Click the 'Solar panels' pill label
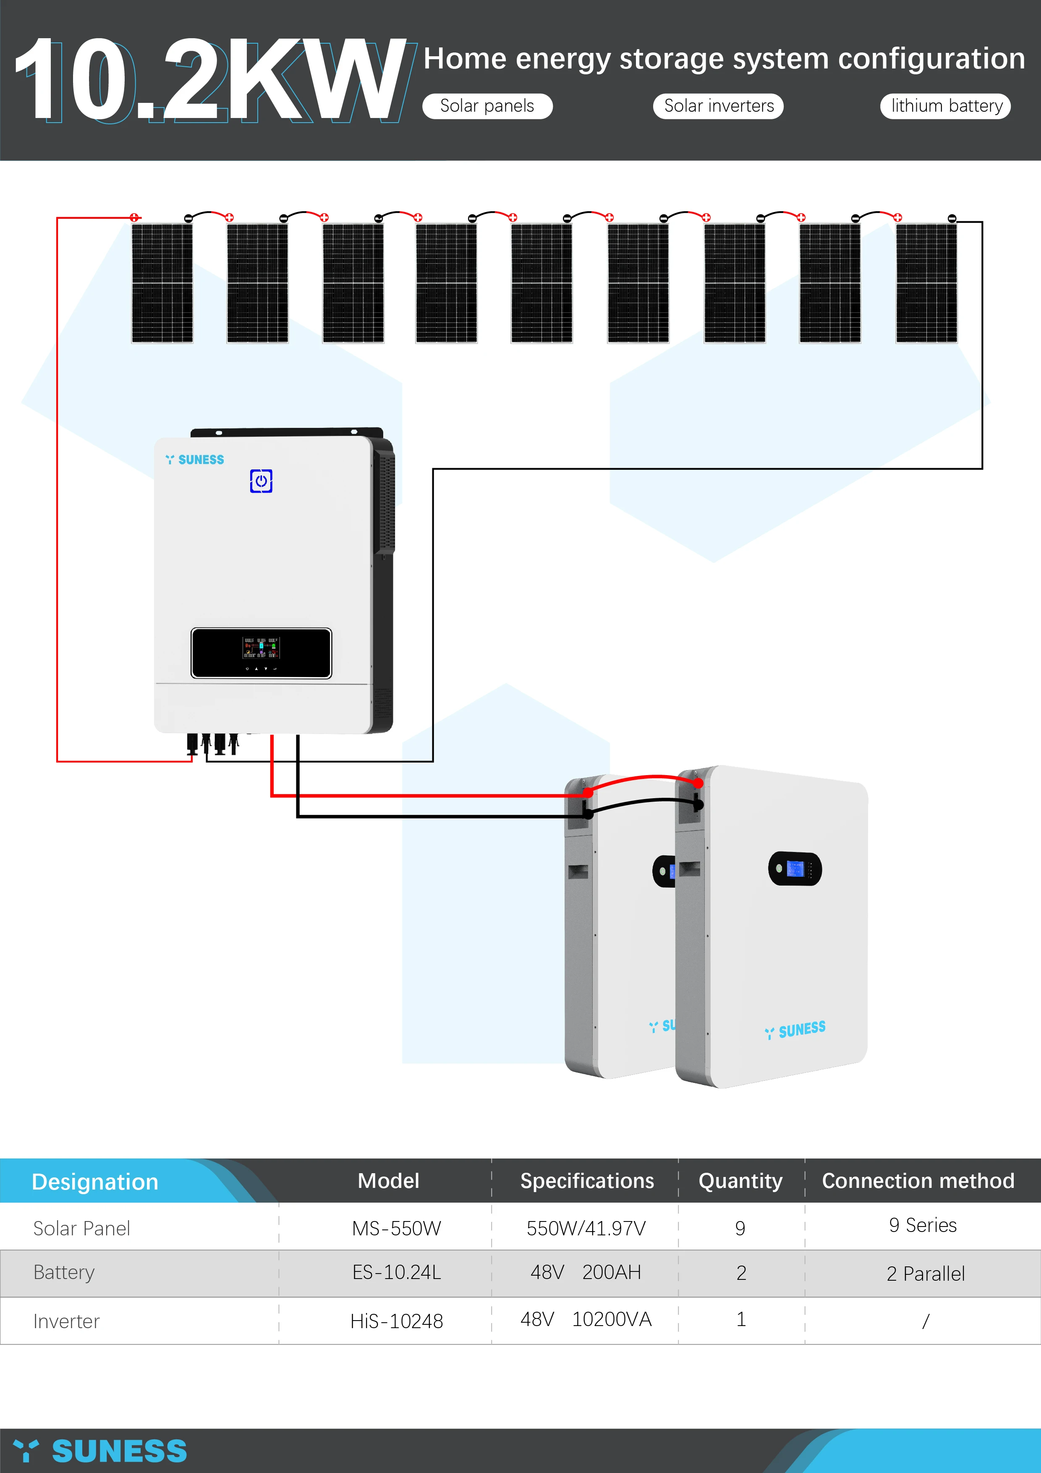[x=487, y=106]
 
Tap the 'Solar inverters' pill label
[x=718, y=106]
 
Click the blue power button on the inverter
[x=261, y=481]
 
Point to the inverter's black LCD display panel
[x=261, y=653]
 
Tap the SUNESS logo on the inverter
[x=195, y=459]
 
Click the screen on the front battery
[x=795, y=869]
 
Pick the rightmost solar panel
[x=926, y=282]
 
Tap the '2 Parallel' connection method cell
[x=925, y=1274]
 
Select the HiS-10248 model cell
[x=396, y=1321]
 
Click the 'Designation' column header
[x=95, y=1182]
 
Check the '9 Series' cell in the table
[x=922, y=1225]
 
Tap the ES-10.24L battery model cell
[x=396, y=1272]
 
